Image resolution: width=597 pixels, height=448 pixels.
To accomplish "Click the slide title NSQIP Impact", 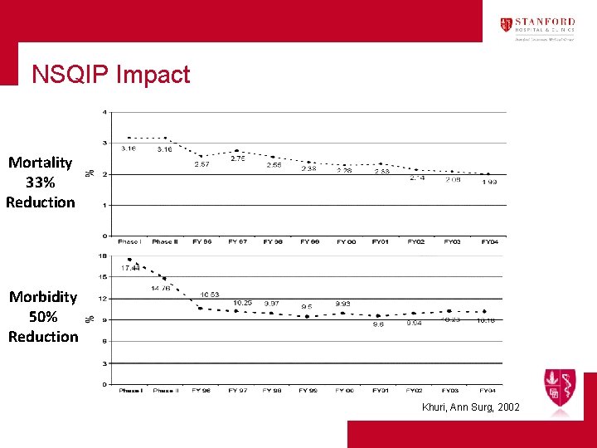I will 110,75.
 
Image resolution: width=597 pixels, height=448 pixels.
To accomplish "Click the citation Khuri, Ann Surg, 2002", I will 471,407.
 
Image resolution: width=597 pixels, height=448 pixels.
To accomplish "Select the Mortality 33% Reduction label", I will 40,183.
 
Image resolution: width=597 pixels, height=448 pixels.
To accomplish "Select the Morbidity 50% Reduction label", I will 42,317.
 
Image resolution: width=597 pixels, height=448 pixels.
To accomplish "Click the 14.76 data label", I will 161,288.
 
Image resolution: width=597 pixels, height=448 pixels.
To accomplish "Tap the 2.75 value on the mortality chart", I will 237,158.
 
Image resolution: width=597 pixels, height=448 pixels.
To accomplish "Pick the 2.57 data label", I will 201,164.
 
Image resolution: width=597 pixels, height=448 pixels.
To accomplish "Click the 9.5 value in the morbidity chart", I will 307,306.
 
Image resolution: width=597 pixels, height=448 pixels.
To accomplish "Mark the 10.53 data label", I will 210,295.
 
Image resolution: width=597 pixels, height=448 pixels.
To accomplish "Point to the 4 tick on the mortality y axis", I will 104,112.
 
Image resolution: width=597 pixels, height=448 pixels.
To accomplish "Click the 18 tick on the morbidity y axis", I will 103,256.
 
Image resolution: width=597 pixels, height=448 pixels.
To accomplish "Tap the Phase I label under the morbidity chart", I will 130,390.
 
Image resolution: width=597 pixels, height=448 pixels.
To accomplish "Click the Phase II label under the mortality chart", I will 165,241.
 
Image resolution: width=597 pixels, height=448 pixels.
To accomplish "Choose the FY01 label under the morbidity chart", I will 380,390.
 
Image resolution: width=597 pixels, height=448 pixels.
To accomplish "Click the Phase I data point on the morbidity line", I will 129,259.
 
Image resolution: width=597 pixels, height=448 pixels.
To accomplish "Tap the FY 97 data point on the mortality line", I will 237,151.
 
